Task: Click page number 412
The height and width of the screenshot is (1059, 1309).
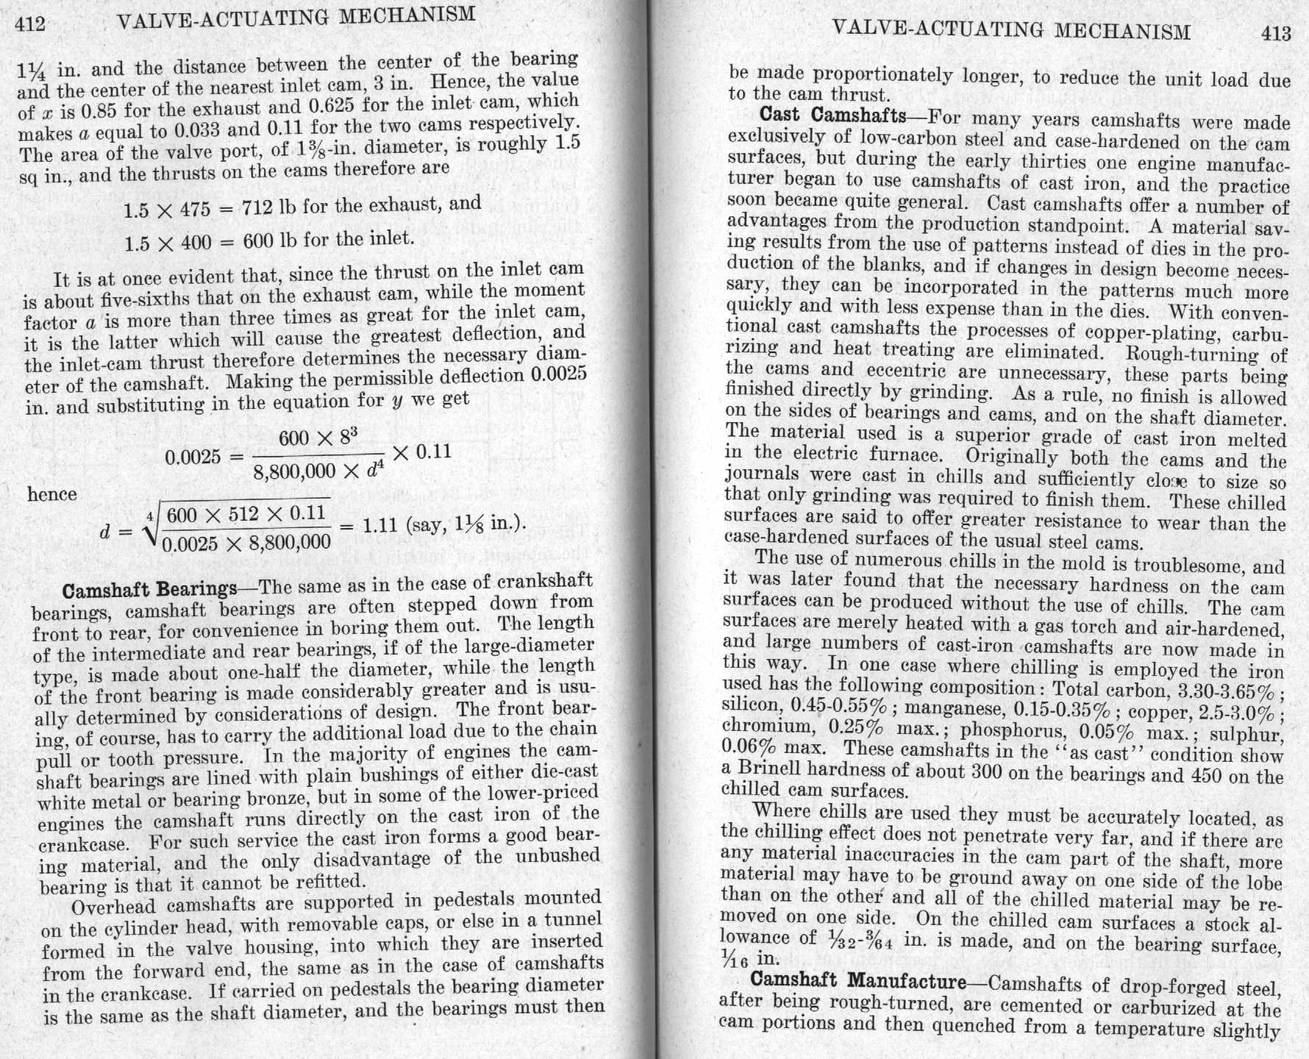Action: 31,24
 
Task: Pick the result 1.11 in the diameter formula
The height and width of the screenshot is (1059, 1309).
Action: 380,525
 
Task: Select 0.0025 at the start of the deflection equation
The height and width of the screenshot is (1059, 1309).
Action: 193,457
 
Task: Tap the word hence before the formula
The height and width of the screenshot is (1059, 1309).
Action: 52,494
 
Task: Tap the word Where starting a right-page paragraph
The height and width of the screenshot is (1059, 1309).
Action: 782,810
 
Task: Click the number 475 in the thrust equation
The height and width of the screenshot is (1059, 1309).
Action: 196,210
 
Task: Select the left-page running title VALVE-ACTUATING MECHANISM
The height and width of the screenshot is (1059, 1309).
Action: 296,18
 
